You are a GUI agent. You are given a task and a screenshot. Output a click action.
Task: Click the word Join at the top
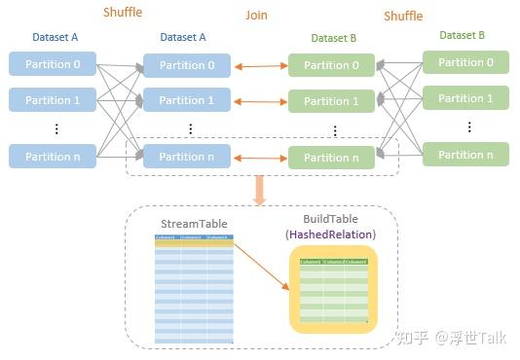[x=256, y=16]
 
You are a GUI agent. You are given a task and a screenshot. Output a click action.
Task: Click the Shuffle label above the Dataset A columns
[x=123, y=13]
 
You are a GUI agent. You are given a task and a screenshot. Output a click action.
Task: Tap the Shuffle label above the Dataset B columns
[x=403, y=16]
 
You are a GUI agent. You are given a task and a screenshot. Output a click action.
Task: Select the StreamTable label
[x=195, y=225]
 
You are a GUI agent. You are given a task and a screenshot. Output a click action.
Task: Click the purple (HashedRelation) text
[x=329, y=234]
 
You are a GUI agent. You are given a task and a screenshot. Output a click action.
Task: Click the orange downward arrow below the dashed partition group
[x=259, y=190]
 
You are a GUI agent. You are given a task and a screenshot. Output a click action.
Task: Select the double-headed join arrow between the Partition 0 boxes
[x=260, y=66]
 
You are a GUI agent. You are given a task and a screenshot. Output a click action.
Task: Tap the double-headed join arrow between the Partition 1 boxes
[x=260, y=101]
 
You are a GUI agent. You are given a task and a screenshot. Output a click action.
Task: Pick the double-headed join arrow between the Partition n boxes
[x=260, y=157]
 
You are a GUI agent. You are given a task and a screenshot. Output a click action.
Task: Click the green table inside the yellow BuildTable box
[x=333, y=290]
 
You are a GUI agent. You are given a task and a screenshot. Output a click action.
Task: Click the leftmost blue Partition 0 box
[x=53, y=64]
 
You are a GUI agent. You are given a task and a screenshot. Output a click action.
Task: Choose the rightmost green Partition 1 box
[x=464, y=98]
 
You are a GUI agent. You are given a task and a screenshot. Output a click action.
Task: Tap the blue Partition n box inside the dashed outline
[x=187, y=157]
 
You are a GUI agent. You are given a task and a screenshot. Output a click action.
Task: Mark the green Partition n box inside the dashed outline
[x=331, y=158]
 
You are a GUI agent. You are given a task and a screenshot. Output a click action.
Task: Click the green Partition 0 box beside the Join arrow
[x=331, y=66]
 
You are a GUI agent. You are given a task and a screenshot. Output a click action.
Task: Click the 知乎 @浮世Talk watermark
[x=453, y=338]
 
